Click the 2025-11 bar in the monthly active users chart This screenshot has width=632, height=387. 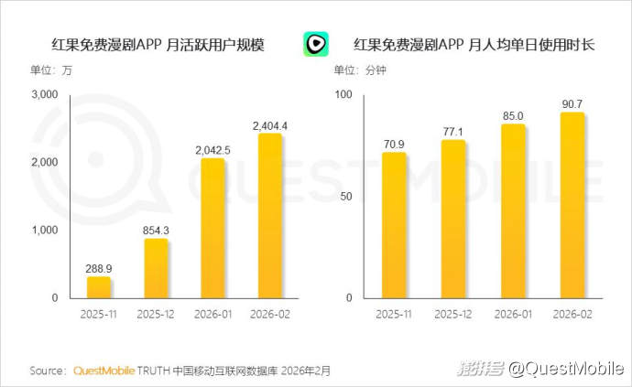tap(99, 287)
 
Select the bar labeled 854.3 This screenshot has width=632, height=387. tap(156, 268)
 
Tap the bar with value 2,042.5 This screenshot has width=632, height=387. tap(212, 228)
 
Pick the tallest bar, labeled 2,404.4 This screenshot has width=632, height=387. tap(269, 216)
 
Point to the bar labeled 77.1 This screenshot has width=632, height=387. tap(453, 220)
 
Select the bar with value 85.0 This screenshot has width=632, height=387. tap(513, 211)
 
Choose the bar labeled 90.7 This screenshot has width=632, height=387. tap(572, 205)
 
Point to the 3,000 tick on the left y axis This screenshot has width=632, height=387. tap(44, 94)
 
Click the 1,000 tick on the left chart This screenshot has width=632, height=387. tap(44, 231)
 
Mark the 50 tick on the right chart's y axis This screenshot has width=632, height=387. tap(344, 197)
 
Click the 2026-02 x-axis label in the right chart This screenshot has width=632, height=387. tap(572, 314)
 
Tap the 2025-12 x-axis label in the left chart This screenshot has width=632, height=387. tap(156, 314)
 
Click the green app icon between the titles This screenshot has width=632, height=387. tap(316, 44)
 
